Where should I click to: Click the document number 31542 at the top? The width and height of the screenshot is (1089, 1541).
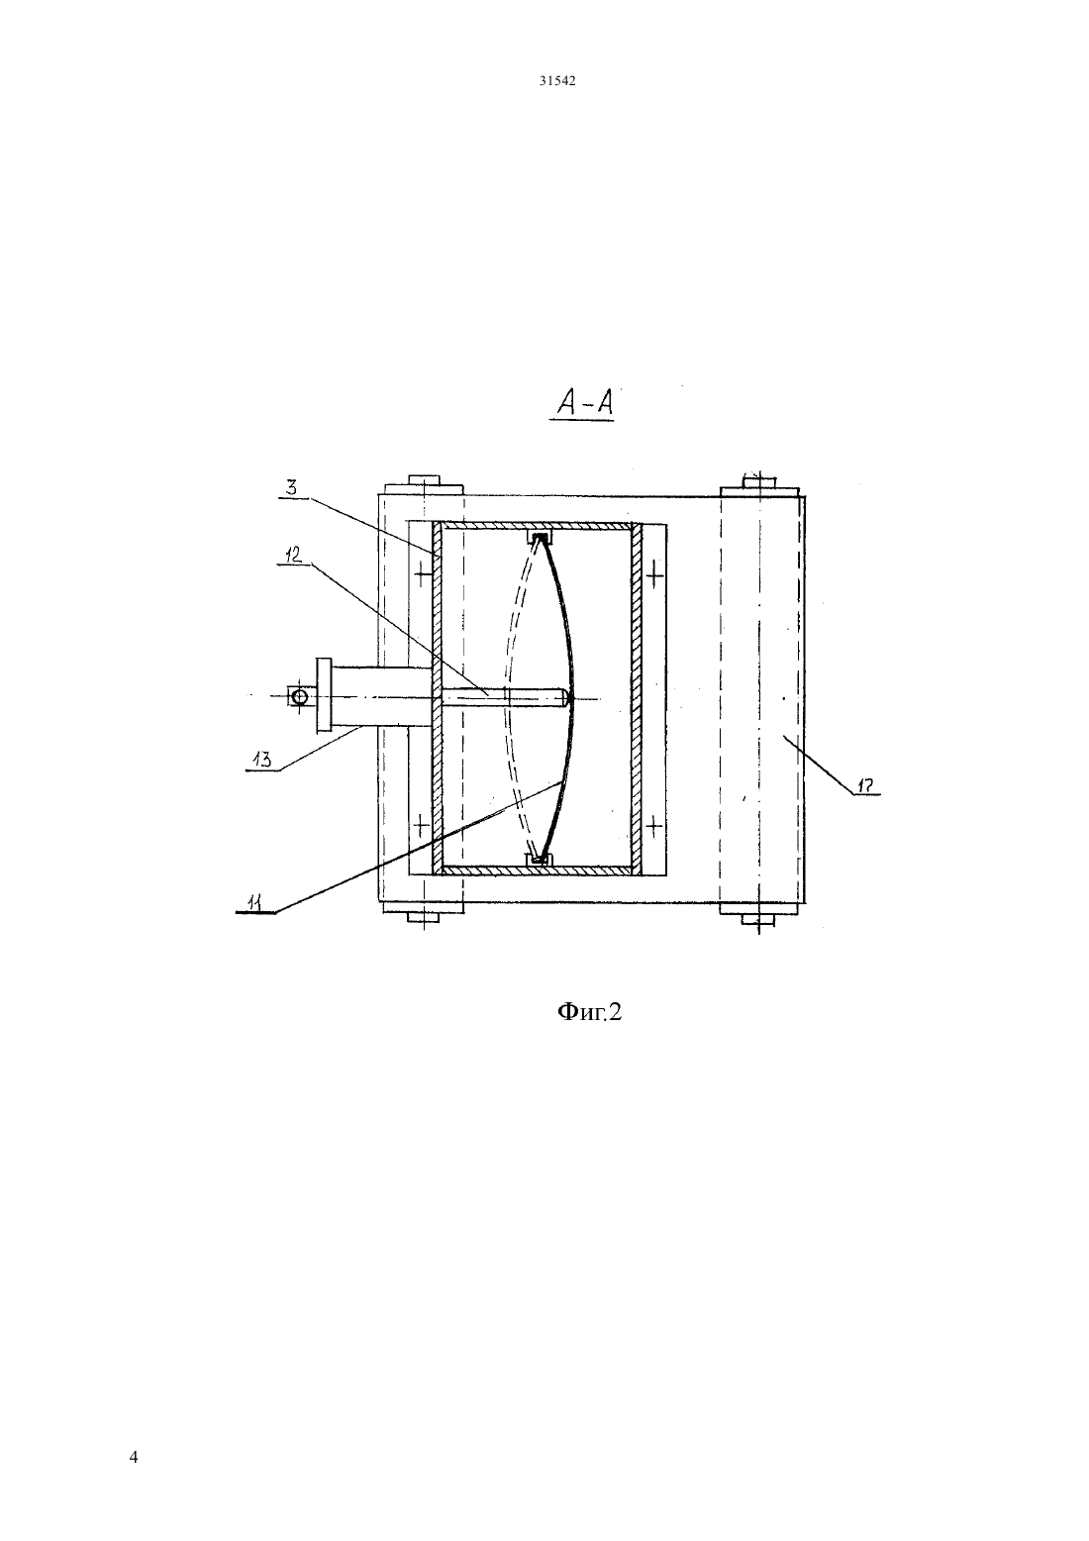[x=556, y=80]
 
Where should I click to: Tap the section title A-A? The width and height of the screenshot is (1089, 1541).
[x=584, y=403]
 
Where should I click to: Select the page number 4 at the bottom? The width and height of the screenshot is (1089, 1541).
[x=134, y=1457]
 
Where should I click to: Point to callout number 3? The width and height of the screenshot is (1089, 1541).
[x=291, y=488]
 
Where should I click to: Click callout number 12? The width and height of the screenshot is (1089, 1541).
[x=293, y=556]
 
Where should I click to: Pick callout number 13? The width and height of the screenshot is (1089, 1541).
[x=261, y=760]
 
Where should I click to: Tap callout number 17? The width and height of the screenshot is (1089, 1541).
[x=868, y=785]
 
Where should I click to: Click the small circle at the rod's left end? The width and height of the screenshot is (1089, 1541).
[x=299, y=697]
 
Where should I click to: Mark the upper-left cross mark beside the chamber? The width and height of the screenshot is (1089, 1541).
[x=420, y=570]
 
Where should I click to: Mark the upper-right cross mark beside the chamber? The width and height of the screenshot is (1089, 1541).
[x=654, y=572]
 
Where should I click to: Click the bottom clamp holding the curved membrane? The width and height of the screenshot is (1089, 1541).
[x=540, y=858]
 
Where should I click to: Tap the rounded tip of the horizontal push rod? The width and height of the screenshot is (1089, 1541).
[x=565, y=697]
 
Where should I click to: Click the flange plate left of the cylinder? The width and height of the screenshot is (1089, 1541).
[x=324, y=695]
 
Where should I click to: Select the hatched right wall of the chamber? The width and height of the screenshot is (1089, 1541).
[x=637, y=698]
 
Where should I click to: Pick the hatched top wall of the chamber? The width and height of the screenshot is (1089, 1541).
[x=537, y=526]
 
